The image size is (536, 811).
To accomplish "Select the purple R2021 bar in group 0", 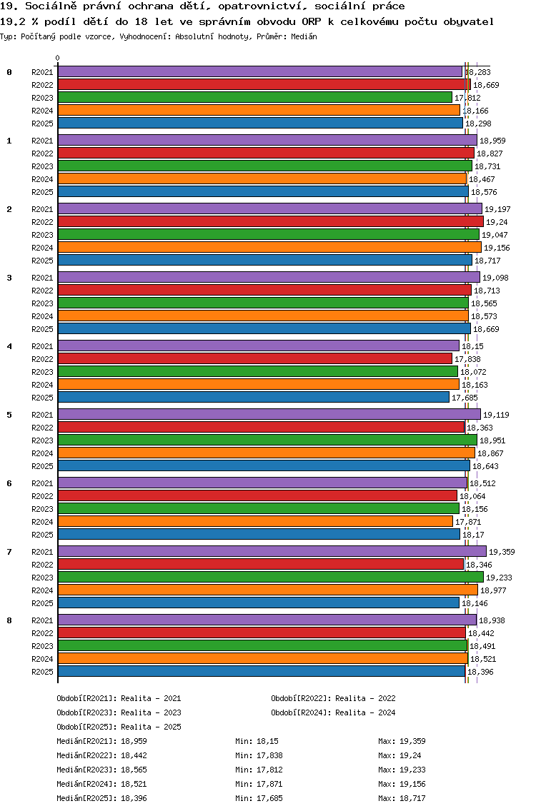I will [260, 71].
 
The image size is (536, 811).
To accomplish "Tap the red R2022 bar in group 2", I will [270, 222].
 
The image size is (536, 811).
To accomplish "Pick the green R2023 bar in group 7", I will [270, 577].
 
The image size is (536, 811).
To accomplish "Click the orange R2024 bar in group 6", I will [255, 522].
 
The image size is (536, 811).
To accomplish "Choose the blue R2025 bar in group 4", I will [254, 397].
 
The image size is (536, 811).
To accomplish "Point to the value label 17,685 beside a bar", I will [465, 398].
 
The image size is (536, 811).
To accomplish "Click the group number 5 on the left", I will [9, 415].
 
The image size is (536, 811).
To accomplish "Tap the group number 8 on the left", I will [9, 620].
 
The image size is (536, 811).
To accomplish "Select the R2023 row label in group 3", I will [42, 303].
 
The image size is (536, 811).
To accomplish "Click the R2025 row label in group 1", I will [42, 192].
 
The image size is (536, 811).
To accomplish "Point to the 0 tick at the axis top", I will [58, 59].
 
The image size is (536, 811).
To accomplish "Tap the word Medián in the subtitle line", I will [303, 36].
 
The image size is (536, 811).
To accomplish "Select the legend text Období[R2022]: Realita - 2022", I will [333, 698].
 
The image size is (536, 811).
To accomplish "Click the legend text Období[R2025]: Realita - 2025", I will [119, 727].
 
